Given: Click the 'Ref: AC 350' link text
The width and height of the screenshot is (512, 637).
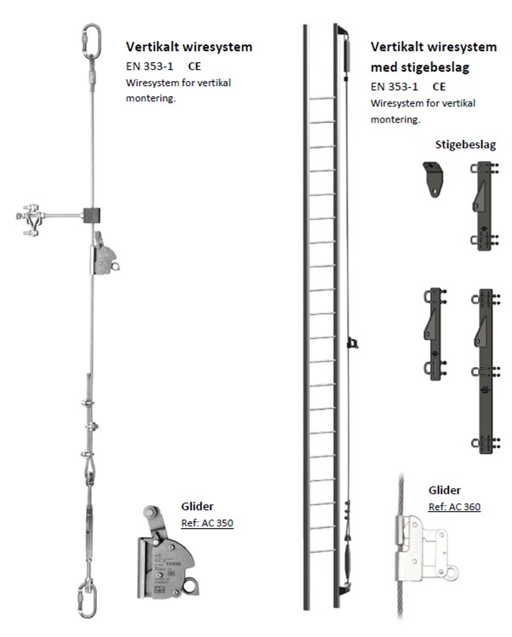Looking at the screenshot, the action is pos(207,523).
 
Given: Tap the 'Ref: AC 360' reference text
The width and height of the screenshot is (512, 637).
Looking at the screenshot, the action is pos(454,507).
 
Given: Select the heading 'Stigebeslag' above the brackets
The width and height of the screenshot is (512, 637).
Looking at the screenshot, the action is pos(465,145).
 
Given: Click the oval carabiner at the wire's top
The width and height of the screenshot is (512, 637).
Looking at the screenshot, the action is pos(92,42).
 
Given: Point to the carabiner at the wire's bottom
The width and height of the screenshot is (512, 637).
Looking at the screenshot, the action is pos(88,600).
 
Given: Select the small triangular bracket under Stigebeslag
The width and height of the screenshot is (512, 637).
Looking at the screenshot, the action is pos(433,179).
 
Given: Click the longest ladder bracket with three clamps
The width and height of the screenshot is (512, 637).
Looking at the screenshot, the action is pos(486,371).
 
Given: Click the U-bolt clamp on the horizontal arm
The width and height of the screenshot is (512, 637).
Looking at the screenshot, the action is pos(31,220).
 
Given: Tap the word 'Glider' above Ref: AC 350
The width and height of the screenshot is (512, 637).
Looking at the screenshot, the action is pos(197,506).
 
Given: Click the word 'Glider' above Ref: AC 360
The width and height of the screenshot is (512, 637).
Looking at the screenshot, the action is pos(445,490).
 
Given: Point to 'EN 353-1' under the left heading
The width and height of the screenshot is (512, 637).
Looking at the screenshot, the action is pos(150,66).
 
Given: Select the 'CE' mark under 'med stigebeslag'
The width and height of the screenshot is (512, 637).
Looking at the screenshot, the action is pos(440,87).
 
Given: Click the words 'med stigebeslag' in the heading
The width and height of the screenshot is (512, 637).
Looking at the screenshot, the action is pos(420,67).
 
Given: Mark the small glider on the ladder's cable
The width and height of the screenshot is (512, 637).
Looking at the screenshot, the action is pos(353,343).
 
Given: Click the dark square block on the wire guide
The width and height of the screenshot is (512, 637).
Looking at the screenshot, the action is pos(92,215).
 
